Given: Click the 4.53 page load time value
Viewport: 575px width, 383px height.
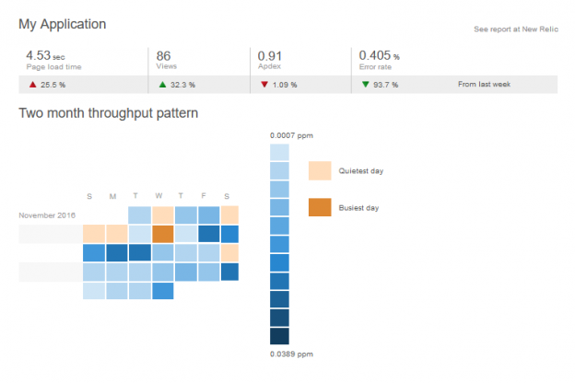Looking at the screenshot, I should coord(38,55).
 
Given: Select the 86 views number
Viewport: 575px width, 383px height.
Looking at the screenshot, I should coord(164,55).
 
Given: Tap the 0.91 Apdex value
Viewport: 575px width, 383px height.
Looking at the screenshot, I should coord(270,55).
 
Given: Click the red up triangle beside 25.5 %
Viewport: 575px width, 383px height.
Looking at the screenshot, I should coord(32,84).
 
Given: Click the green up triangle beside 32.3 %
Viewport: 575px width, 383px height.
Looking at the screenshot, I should coord(162,84).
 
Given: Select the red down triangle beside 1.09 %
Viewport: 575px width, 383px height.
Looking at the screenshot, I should coord(264,84).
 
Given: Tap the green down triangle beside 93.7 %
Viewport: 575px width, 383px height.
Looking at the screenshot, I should coord(365,84).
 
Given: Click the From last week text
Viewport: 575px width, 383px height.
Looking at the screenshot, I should coord(484,84).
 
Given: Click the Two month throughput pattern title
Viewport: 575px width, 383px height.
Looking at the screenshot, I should coord(108,113).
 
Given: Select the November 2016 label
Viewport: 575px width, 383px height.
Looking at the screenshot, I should coord(47,215).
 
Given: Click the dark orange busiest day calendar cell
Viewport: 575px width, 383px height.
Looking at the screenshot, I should coord(162,234).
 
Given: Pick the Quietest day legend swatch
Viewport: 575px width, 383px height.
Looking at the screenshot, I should coord(320,170).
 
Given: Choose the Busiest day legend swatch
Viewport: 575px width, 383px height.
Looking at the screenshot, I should coord(320,207).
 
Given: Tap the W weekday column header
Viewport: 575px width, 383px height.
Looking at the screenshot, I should coord(158,195).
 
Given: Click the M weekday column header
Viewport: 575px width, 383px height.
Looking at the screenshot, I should coord(112,195).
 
